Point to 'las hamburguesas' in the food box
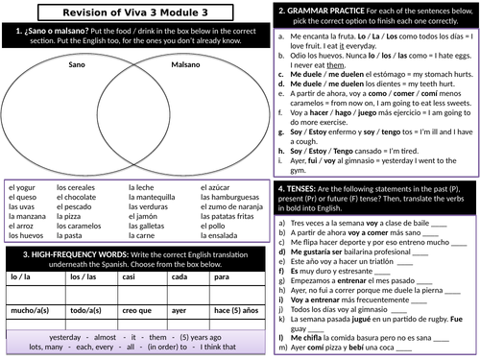[231, 200]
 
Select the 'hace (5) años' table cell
[234, 311]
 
